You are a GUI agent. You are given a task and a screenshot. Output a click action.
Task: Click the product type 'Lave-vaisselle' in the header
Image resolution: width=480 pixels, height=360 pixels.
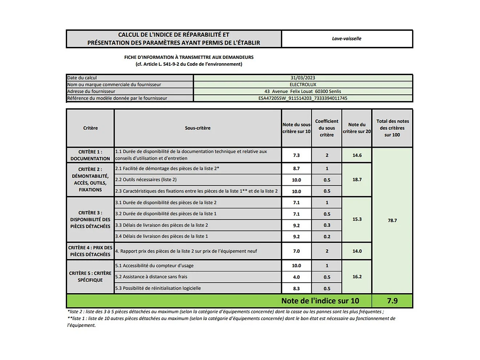pos(346,39)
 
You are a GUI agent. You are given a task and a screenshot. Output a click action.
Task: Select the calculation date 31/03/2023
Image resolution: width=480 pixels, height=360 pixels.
pos(303,78)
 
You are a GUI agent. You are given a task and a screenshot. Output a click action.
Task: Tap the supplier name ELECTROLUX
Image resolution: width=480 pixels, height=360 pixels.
pos(303,85)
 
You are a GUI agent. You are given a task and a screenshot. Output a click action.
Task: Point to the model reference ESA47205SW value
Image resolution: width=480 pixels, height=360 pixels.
pos(303,98)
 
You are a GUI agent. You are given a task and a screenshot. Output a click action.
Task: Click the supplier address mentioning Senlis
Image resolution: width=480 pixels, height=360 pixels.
pos(303,92)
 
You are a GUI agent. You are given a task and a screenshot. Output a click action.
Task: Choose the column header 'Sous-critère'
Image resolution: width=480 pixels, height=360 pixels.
pos(198,128)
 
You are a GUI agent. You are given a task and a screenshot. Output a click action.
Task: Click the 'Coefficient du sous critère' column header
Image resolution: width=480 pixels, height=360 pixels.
pos(326,128)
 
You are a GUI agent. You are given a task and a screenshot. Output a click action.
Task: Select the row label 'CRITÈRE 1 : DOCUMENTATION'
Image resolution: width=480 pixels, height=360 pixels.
pos(90,155)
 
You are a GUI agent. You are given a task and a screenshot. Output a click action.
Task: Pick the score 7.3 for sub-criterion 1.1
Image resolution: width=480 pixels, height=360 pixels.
pos(296,155)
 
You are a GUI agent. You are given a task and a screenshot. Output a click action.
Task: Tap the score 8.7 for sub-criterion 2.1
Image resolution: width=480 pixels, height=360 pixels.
pos(296,169)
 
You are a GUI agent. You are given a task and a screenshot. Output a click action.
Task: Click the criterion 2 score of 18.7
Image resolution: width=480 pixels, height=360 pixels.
pos(357,179)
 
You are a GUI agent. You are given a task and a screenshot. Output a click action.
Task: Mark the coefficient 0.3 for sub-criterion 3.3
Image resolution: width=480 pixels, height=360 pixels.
pos(327,225)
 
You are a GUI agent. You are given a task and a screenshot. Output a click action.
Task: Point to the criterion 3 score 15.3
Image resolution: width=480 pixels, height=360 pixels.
pos(357,219)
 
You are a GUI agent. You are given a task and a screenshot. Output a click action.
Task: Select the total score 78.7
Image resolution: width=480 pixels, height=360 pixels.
pos(392,221)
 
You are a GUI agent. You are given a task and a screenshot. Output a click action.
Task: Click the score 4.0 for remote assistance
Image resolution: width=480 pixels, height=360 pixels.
pos(296,277)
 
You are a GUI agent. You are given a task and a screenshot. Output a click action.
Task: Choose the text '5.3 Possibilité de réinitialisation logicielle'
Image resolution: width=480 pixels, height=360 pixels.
pos(158,288)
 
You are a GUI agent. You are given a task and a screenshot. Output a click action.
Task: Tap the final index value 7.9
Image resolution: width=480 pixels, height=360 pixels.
pos(392,301)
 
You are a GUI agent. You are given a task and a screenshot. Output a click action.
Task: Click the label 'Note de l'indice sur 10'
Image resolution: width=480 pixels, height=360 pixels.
pos(320,301)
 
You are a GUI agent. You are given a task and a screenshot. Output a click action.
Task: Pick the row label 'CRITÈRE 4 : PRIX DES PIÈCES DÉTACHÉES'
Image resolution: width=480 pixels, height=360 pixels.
pos(90,251)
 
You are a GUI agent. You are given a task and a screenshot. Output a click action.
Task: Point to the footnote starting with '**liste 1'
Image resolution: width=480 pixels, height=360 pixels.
pos(231,321)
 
